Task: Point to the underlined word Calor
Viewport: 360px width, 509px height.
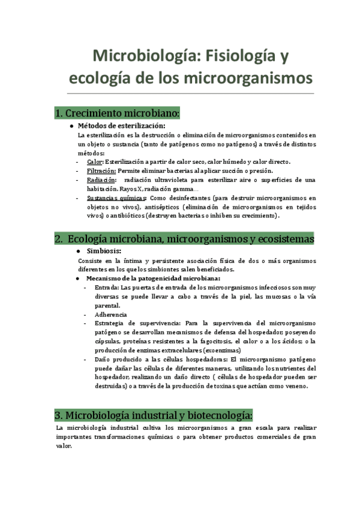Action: tap(95, 161)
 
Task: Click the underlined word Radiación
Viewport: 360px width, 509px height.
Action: tap(100, 180)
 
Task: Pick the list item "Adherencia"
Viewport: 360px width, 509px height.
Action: tap(110, 315)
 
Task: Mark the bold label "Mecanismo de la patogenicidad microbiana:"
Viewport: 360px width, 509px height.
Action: tap(153, 279)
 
